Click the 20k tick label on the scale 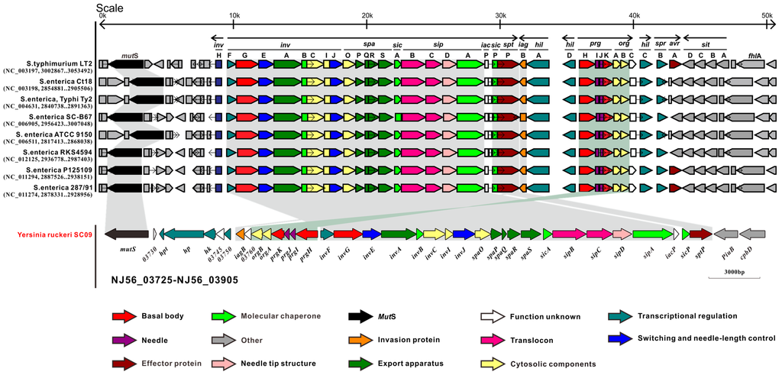click(x=366, y=16)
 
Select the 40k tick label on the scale click(x=633, y=16)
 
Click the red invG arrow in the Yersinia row click(x=347, y=234)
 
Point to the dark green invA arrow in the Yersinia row click(x=397, y=234)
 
